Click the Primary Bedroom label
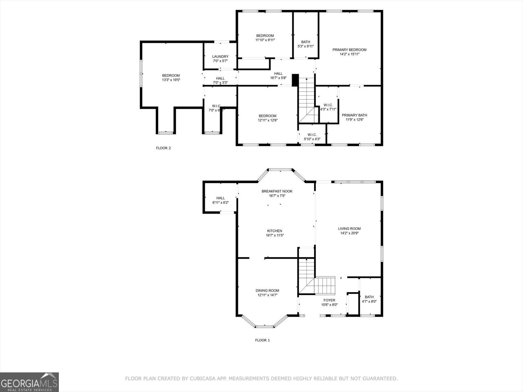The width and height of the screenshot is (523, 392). [x=349, y=50]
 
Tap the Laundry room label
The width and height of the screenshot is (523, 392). [x=220, y=57]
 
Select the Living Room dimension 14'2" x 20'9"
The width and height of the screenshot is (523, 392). [x=349, y=233]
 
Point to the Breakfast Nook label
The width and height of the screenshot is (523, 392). [x=277, y=191]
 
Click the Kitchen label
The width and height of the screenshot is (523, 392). [x=274, y=231]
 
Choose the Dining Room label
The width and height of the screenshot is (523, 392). [x=267, y=290]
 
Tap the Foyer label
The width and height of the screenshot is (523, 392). [x=329, y=300]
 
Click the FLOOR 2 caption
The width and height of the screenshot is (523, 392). [x=163, y=148]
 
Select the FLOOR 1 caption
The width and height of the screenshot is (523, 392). [x=262, y=340]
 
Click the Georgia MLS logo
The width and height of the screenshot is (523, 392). [x=29, y=382]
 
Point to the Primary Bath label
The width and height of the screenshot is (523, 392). [x=354, y=115]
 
